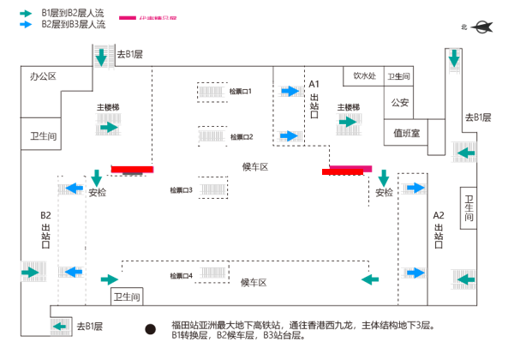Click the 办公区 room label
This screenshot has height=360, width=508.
[x=42, y=76]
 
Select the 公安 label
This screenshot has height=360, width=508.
[x=400, y=103]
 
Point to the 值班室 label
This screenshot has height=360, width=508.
[x=406, y=133]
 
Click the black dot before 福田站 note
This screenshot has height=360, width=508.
[x=151, y=328]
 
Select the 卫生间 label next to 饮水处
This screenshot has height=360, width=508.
[x=399, y=76]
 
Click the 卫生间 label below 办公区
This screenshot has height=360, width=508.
[x=43, y=136]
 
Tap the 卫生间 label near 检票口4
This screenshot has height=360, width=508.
[x=126, y=296]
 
